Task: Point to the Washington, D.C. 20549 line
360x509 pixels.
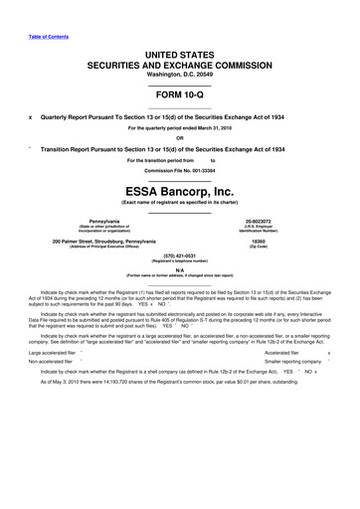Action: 179,74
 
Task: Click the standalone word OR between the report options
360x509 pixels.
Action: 179,137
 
